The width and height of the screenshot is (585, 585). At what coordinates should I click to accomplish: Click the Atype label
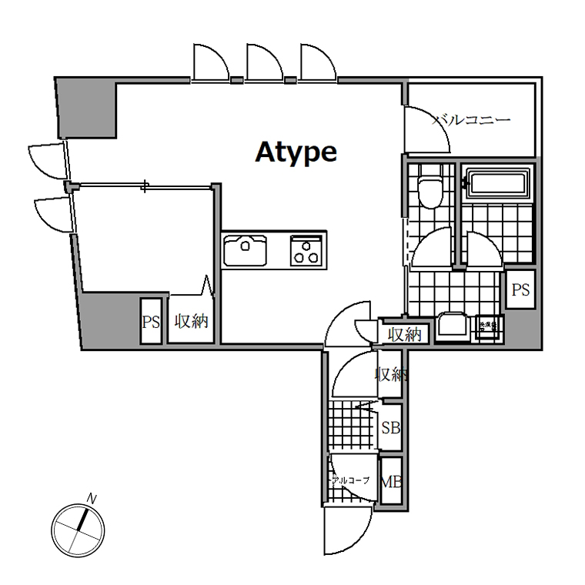(x=296, y=152)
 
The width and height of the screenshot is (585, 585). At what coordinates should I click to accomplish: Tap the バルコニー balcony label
(x=471, y=120)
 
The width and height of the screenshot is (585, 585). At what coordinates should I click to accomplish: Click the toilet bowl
(x=430, y=190)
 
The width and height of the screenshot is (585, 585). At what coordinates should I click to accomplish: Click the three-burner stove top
(x=307, y=250)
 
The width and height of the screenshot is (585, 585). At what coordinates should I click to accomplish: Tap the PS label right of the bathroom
(x=521, y=290)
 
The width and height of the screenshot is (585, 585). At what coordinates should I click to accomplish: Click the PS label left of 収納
(x=151, y=323)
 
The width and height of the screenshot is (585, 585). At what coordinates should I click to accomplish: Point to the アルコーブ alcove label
(x=350, y=480)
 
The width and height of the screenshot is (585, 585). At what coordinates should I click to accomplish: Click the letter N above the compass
(x=92, y=499)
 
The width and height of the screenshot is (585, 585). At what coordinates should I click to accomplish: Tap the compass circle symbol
(x=78, y=530)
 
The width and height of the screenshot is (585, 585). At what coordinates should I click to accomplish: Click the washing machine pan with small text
(x=488, y=327)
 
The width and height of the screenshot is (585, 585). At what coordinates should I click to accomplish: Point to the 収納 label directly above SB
(x=390, y=375)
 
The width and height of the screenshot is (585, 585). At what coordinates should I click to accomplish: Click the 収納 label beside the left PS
(x=191, y=322)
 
